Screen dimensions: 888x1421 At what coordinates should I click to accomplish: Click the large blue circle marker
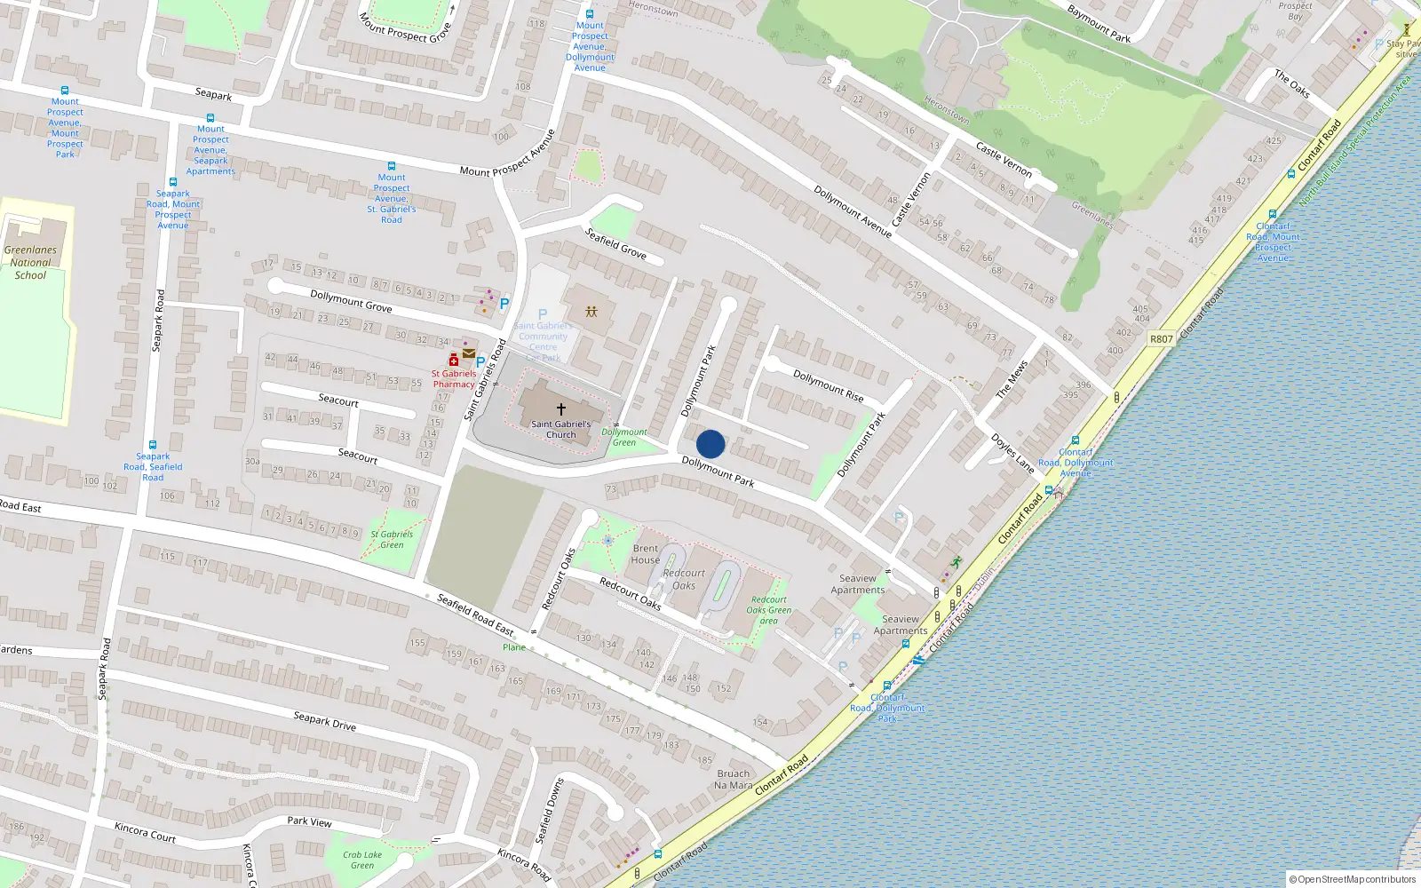tap(710, 444)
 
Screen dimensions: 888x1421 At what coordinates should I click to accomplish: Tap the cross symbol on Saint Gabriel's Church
tap(560, 409)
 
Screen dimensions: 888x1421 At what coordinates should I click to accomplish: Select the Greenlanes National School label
tap(30, 262)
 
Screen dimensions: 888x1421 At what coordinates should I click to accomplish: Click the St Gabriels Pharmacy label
tap(454, 379)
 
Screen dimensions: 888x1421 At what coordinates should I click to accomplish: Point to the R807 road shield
tap(1161, 339)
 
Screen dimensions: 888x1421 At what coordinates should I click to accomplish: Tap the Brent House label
tap(646, 554)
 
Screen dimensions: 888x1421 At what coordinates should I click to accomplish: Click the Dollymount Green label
tap(624, 437)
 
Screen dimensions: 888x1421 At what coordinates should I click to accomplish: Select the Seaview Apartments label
tap(858, 584)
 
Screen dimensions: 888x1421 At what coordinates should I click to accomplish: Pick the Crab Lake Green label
tap(362, 860)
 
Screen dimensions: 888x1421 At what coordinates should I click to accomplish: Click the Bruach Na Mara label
tap(734, 779)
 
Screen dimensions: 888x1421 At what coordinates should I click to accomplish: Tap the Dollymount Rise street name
tap(828, 386)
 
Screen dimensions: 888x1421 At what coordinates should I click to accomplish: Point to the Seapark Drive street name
tap(325, 720)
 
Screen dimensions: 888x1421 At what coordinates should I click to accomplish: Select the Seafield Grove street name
tap(615, 242)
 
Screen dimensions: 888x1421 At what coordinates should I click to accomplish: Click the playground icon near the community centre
tap(591, 312)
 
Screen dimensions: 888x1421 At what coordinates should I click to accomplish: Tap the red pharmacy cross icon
tap(453, 360)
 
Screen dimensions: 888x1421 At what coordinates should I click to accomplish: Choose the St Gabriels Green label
tap(392, 539)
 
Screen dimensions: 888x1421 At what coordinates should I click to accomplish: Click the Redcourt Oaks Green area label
tap(768, 609)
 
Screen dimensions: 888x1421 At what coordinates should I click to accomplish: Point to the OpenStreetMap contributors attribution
tap(1352, 879)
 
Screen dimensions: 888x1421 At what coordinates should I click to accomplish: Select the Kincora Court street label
tap(145, 832)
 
